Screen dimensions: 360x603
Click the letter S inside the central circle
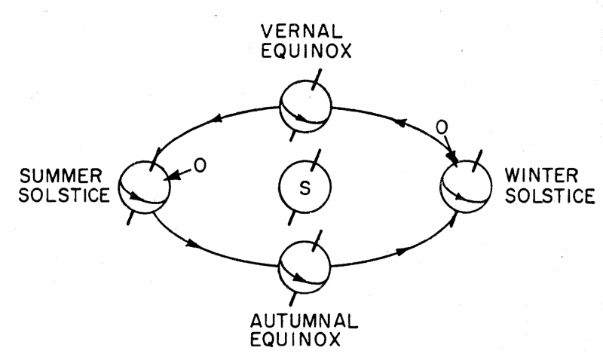[x=305, y=188]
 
